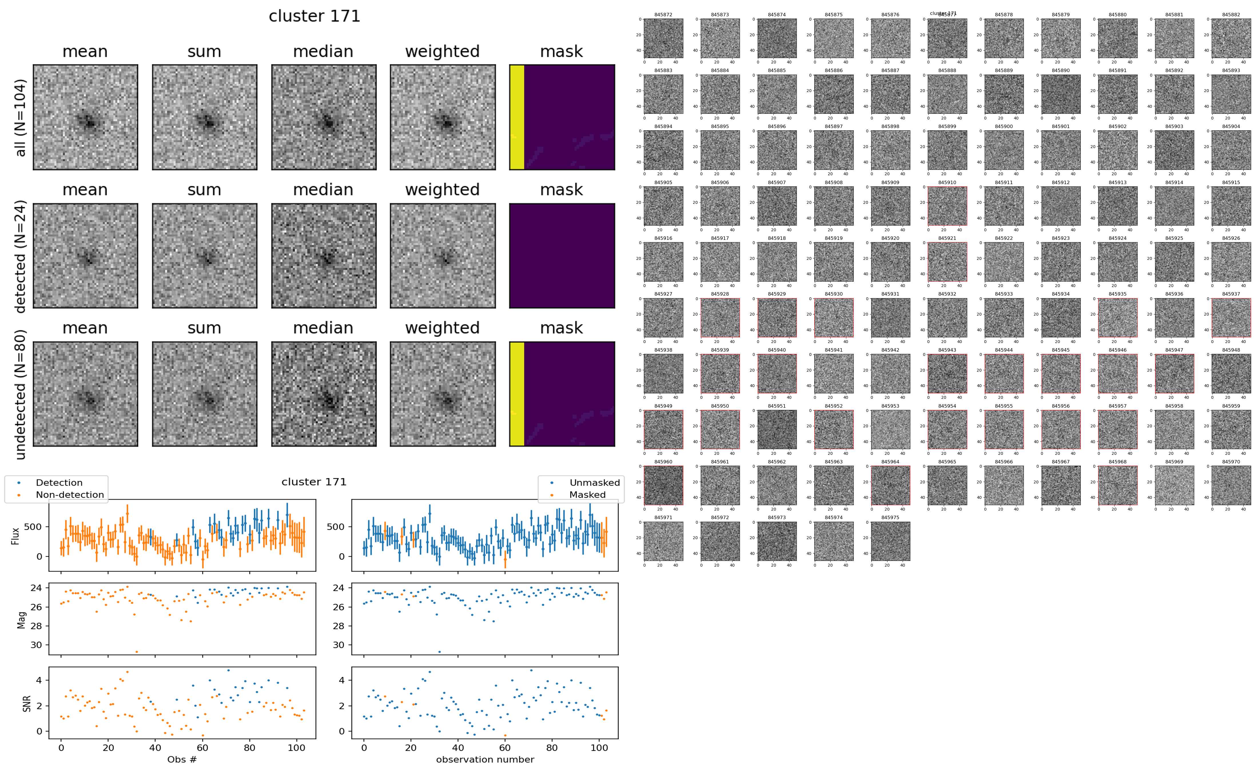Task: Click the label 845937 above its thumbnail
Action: click(1231, 294)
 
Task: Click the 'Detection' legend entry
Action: click(59, 483)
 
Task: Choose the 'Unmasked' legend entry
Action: click(594, 483)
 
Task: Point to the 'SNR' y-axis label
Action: click(27, 704)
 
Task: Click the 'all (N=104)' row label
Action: click(21, 117)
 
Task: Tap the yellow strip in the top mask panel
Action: click(516, 117)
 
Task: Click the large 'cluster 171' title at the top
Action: click(314, 16)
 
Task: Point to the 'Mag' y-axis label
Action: click(21, 619)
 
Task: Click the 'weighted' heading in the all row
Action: click(442, 52)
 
